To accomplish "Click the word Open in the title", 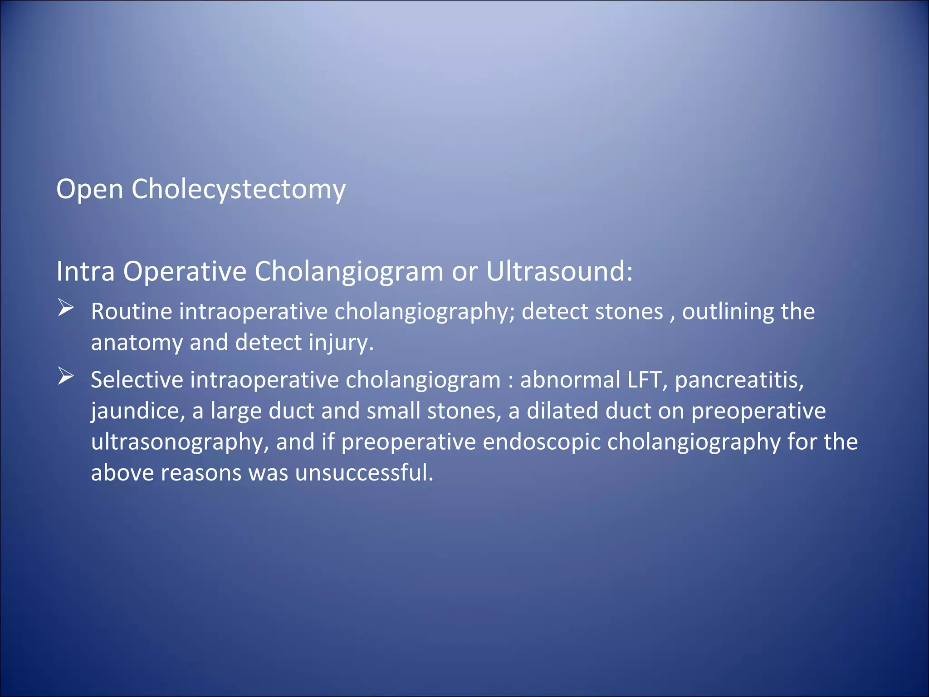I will (89, 189).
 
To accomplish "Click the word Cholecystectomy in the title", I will (238, 189).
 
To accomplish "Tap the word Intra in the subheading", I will (85, 271).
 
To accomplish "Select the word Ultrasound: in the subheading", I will (559, 271).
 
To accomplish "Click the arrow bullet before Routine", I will (66, 309).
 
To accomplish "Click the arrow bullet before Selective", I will (66, 377).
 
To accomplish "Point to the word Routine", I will (132, 312).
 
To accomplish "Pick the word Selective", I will (137, 380).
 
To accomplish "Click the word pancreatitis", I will (739, 380).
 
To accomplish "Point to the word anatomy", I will (137, 343).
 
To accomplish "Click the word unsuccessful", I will (364, 473).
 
